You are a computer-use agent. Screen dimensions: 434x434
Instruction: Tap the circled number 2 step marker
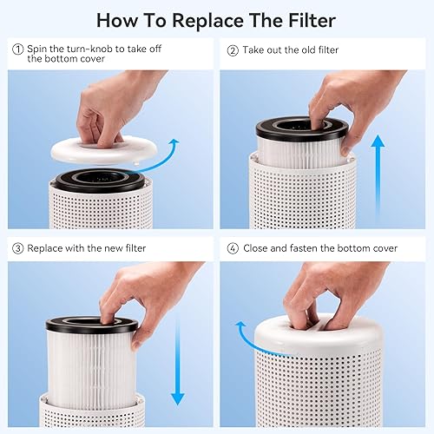(x=233, y=50)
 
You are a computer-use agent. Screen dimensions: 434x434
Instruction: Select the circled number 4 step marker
(x=233, y=248)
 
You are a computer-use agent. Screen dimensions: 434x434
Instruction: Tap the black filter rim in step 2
(x=300, y=130)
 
